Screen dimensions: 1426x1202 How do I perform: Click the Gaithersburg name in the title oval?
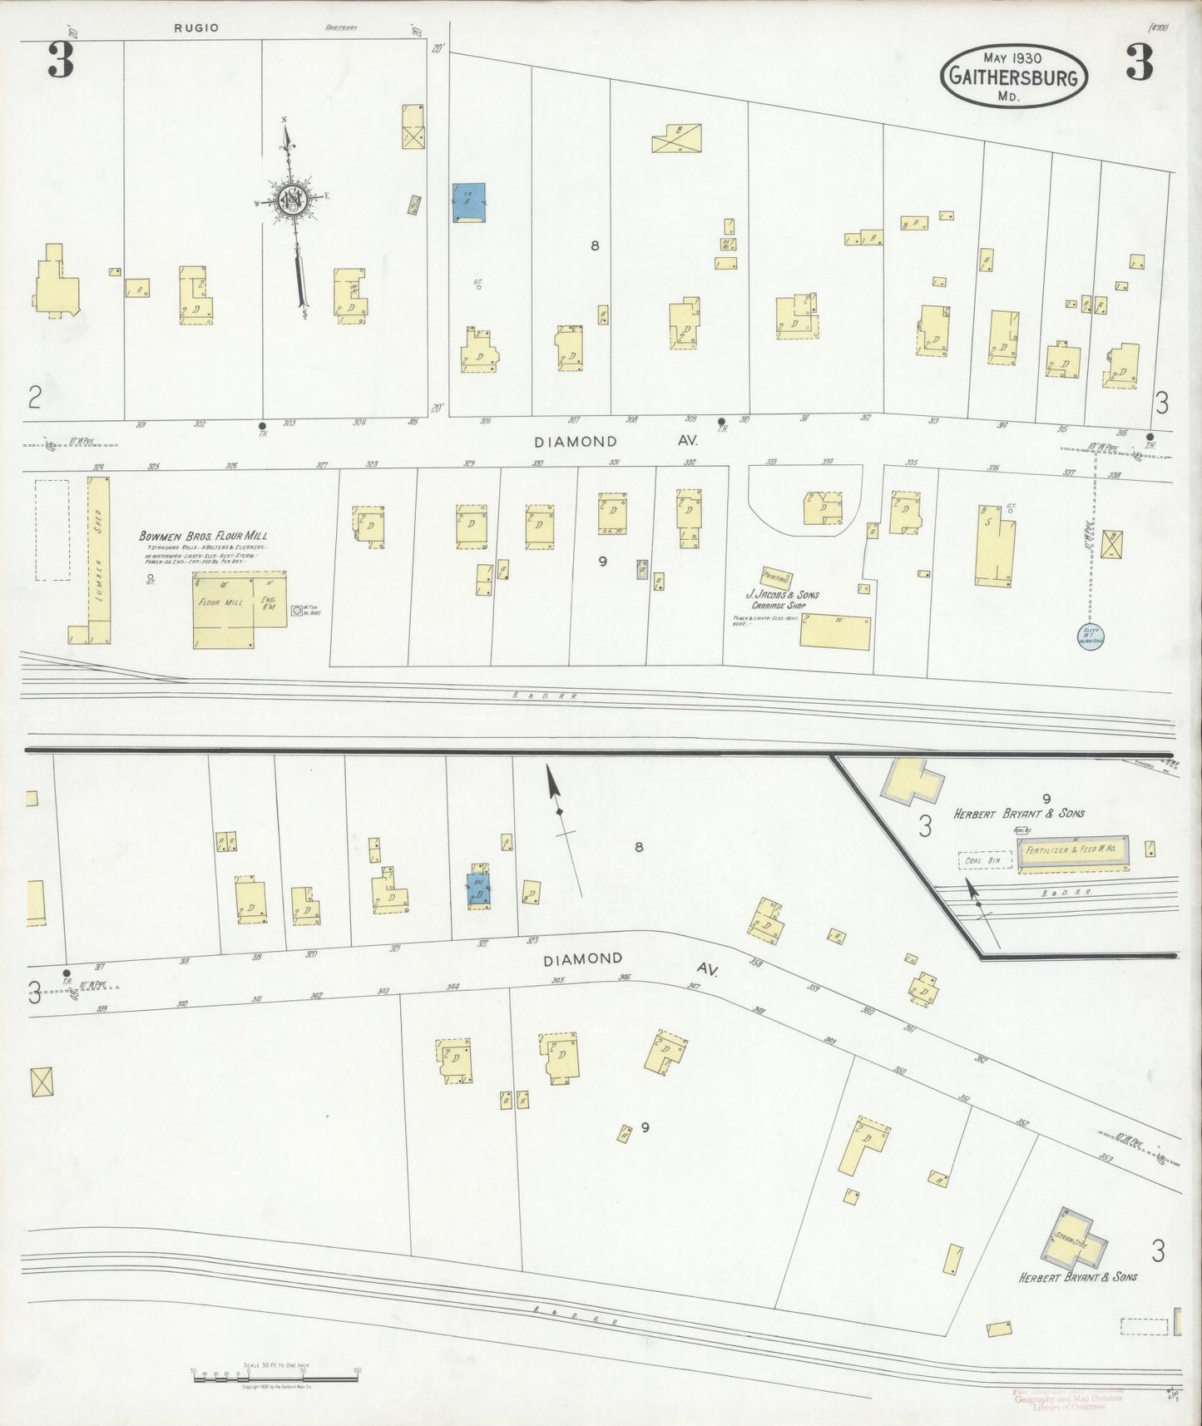point(1014,78)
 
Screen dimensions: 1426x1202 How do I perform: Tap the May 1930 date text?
point(1014,57)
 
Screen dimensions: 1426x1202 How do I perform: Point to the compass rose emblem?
point(293,200)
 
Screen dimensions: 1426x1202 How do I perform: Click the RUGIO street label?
point(196,27)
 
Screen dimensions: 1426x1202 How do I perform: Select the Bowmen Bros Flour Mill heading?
point(203,537)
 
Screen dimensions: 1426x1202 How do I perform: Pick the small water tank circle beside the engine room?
point(297,610)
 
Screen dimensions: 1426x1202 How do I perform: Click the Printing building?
point(775,577)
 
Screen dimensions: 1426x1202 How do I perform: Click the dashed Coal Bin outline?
point(985,859)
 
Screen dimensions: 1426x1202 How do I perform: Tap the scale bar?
point(275,1373)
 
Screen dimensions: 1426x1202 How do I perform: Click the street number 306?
point(486,421)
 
